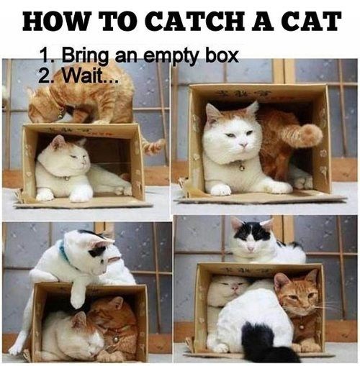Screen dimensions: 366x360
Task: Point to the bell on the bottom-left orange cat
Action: (114, 337)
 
